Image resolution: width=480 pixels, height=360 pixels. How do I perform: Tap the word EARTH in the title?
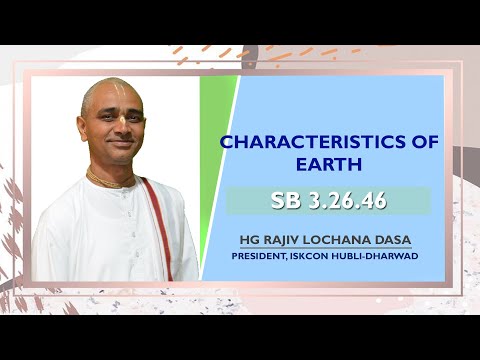(328, 163)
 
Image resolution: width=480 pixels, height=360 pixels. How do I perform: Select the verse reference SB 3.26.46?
(328, 201)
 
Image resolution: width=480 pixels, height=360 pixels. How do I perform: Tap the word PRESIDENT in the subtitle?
(263, 255)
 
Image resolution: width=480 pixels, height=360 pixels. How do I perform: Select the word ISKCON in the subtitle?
(320, 255)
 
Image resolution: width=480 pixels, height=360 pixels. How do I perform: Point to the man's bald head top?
(110, 86)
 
